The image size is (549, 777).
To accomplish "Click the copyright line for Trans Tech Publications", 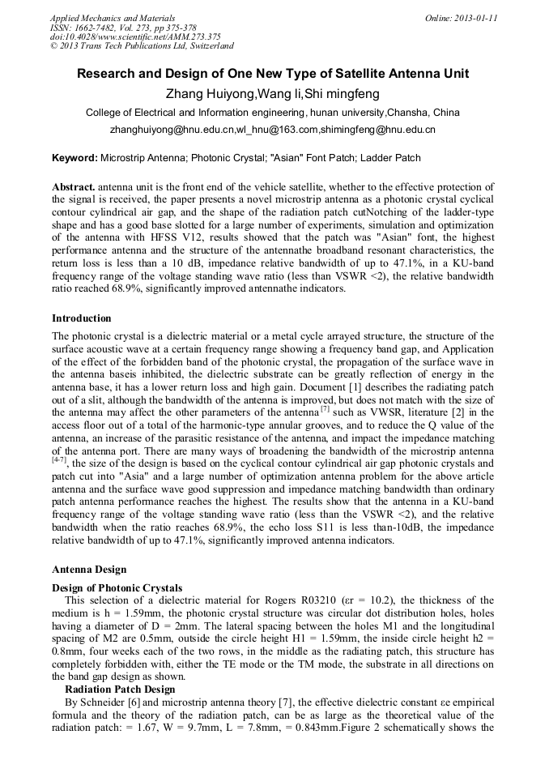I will [x=142, y=46].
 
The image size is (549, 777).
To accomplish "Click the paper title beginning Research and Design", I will [x=273, y=74].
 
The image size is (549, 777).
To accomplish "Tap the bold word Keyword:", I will [x=74, y=157].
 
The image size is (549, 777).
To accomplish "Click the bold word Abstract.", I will [x=74, y=187].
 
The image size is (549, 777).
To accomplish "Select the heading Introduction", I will [x=82, y=318].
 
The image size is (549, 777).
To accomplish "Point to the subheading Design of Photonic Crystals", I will [x=117, y=587].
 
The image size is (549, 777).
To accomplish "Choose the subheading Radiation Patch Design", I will [x=119, y=689].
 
